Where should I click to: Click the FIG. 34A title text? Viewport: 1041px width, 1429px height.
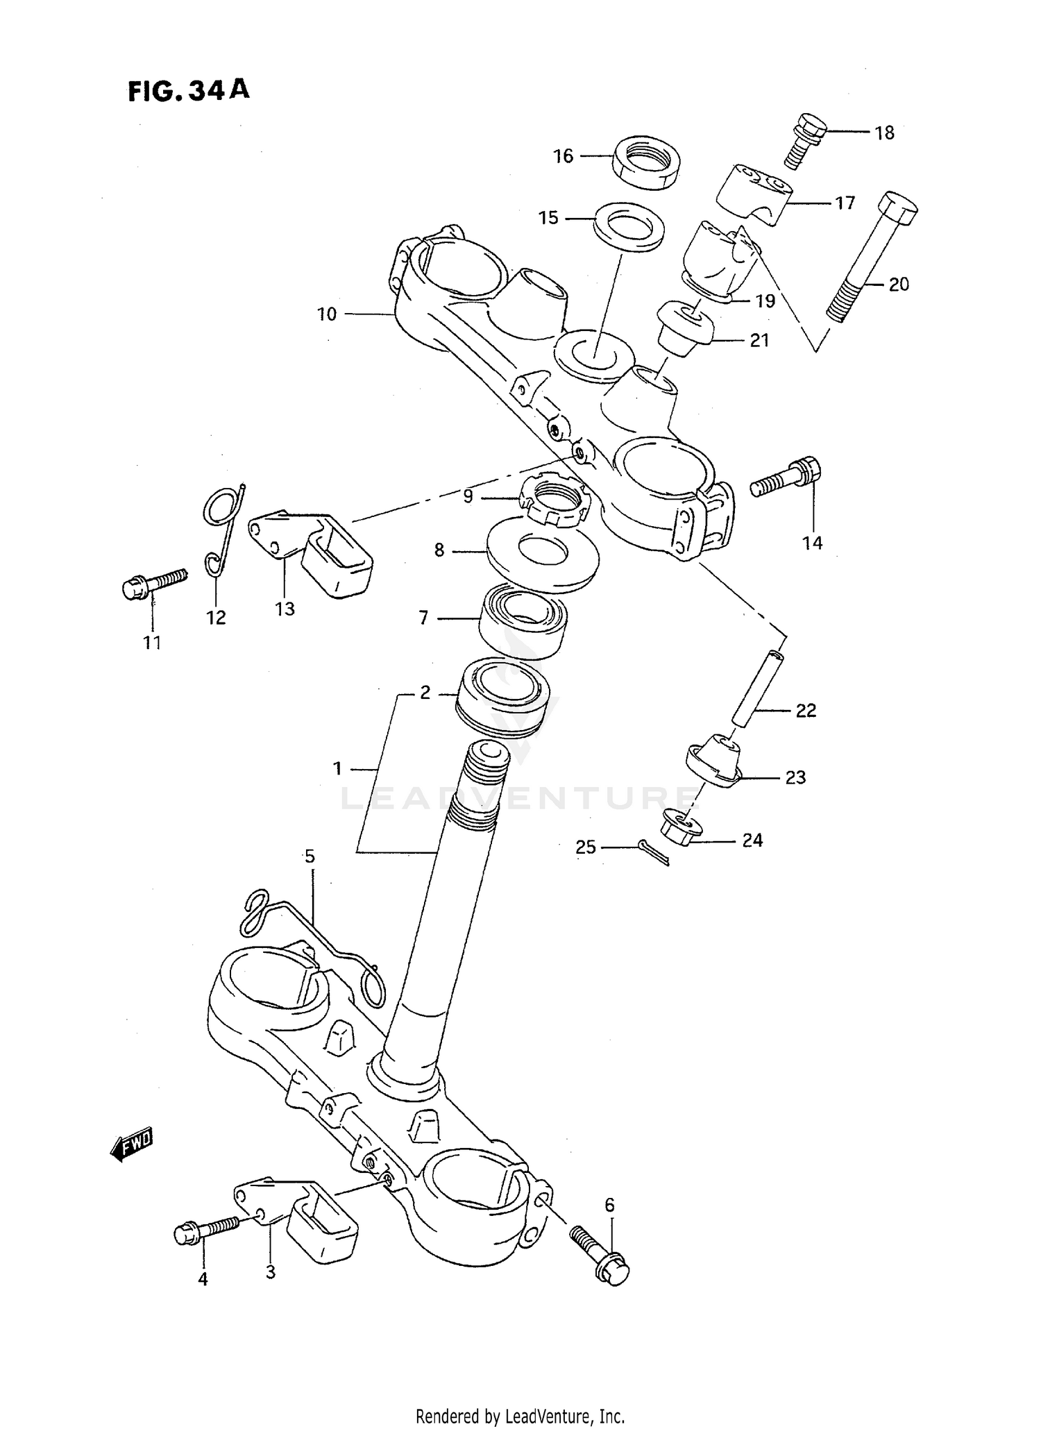(x=188, y=91)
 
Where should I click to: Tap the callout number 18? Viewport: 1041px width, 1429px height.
(x=884, y=133)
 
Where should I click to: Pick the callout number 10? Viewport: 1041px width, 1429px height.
(x=327, y=314)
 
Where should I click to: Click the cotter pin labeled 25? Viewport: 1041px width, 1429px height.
(x=653, y=853)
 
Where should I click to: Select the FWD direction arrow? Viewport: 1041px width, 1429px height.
(x=132, y=1145)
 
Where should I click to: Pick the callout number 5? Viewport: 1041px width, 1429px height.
(x=310, y=856)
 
